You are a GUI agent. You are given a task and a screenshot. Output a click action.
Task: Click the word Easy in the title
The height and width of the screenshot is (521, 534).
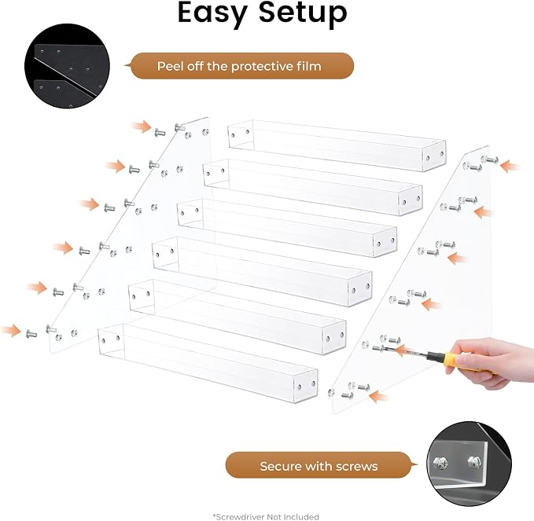(212, 13)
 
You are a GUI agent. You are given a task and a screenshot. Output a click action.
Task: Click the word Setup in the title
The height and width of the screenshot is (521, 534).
(303, 13)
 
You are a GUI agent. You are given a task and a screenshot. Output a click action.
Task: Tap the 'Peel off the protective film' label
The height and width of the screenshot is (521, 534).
(239, 66)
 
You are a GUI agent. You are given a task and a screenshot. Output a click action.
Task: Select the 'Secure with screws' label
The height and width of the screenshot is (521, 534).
(319, 466)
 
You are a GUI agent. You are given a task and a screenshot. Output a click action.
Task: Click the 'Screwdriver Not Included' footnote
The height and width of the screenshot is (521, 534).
(266, 516)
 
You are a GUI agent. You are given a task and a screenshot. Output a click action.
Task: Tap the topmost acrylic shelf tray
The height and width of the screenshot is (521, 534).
(337, 145)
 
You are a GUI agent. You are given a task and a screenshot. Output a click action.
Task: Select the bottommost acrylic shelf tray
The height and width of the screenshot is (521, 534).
(208, 363)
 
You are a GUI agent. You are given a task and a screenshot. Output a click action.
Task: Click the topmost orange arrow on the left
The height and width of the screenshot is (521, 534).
(142, 127)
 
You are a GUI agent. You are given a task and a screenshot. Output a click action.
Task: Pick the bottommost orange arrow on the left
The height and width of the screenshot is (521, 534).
(11, 330)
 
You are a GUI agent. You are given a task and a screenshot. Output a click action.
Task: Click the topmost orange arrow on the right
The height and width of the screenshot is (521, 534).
(510, 167)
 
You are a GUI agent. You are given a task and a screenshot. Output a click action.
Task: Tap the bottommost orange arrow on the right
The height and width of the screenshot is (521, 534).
(379, 397)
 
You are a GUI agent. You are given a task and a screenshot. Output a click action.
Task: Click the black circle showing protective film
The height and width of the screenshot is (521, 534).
(67, 66)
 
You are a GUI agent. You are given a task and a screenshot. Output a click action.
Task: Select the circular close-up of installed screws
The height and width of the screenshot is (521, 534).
(469, 464)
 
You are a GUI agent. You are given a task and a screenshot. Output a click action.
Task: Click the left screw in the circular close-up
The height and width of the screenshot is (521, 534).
(440, 463)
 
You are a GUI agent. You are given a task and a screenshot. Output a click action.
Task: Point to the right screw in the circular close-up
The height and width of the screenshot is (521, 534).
(474, 462)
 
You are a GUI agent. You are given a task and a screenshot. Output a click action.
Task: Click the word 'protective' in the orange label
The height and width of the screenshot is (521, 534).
(267, 66)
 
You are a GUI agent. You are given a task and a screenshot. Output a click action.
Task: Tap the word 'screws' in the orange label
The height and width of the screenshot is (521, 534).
(357, 467)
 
